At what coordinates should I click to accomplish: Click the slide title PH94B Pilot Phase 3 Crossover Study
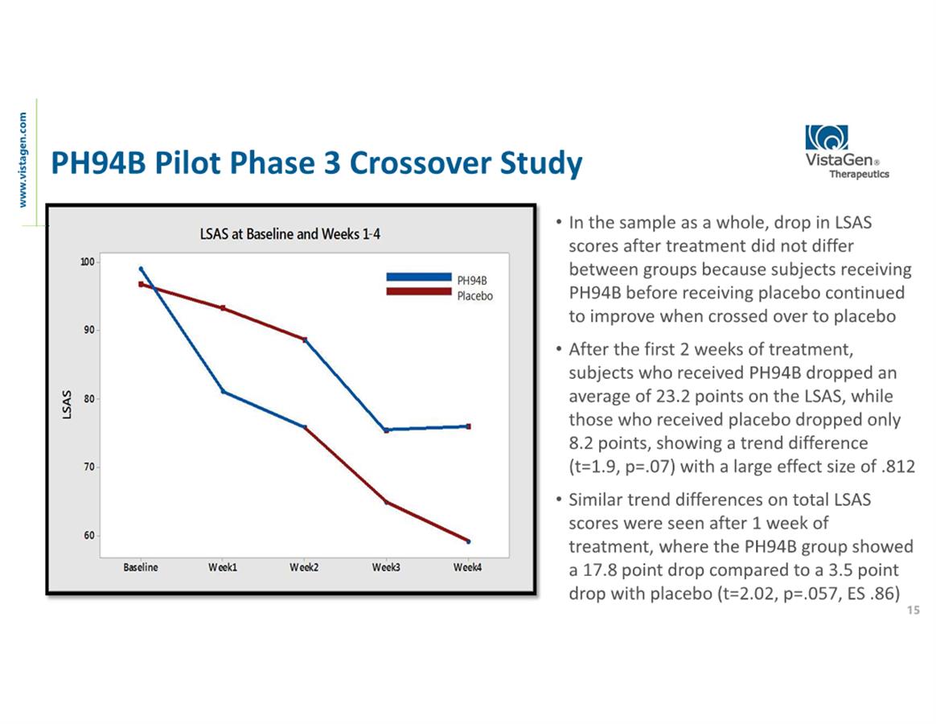tap(316, 164)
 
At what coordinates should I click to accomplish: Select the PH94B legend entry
tap(472, 281)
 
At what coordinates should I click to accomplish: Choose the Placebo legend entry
tap(474, 296)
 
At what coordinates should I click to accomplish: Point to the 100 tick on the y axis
tap(87, 262)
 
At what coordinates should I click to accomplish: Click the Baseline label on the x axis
tap(141, 567)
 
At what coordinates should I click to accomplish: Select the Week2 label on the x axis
tap(304, 567)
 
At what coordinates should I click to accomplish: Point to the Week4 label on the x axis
tap(468, 567)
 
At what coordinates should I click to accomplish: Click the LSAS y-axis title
tap(68, 404)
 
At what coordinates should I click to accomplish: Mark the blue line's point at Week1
tap(223, 392)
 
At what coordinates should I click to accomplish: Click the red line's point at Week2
tap(305, 339)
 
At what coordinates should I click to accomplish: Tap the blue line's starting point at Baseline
tap(141, 269)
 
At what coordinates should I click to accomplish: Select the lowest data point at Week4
tap(468, 541)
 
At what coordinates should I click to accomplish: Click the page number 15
tap(912, 611)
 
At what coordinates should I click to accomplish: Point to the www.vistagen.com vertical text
tap(25, 159)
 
